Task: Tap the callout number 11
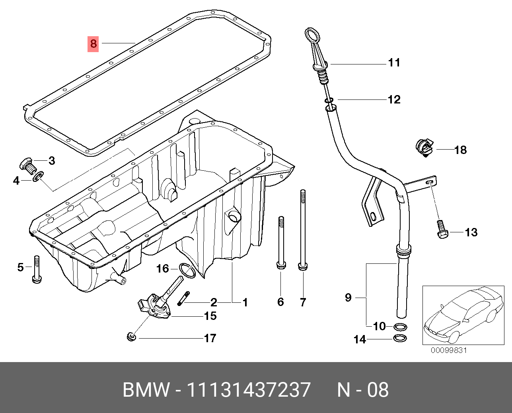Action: [394, 63]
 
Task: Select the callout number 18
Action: [460, 150]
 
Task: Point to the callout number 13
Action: [471, 232]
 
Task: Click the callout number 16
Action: [163, 269]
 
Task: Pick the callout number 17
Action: [210, 338]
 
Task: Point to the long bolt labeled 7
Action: [303, 231]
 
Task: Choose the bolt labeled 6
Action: [281, 243]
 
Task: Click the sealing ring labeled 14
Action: [400, 339]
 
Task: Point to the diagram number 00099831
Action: [448, 350]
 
